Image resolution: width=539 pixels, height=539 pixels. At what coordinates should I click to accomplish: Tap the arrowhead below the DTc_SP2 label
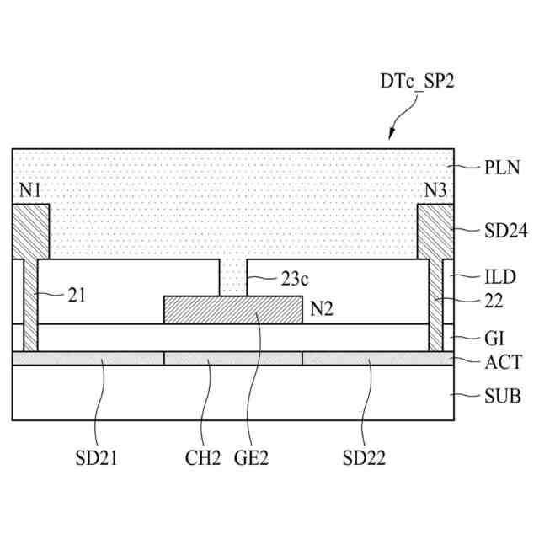tap(392, 136)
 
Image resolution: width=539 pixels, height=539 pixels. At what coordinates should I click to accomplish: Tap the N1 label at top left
tap(30, 190)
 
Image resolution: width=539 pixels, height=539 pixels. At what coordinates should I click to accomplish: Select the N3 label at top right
tap(435, 190)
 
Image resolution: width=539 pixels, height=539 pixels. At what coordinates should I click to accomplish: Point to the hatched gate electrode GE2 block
tap(232, 310)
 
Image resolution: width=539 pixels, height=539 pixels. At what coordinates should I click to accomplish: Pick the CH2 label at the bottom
tap(203, 458)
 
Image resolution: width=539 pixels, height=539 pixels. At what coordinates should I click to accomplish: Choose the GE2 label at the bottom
tap(252, 458)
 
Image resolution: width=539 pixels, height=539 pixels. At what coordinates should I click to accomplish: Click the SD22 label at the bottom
tap(364, 458)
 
